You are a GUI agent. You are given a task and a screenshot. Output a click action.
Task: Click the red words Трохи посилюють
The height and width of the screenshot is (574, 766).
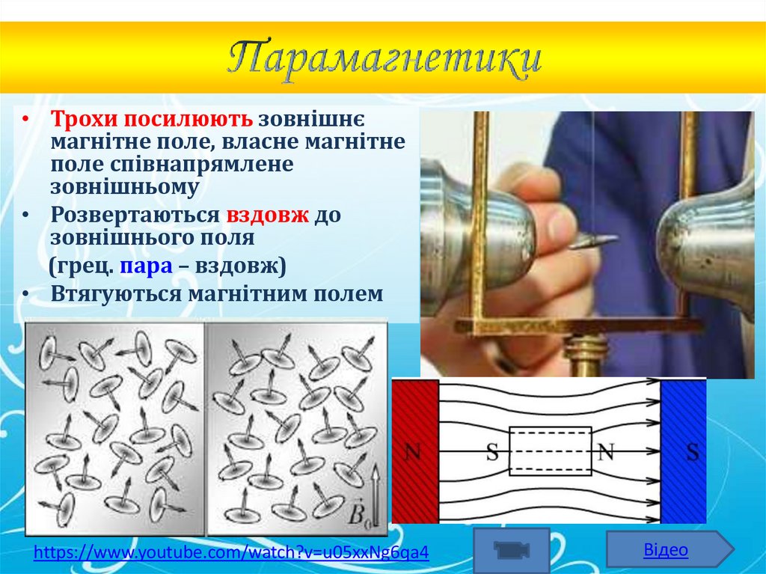[x=153, y=120]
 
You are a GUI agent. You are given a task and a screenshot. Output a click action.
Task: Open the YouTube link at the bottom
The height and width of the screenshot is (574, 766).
[x=231, y=553]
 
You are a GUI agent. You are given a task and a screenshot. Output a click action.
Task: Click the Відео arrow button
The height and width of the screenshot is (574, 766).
[x=668, y=550]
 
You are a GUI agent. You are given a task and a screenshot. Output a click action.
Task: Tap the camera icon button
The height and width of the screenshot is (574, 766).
[x=512, y=550]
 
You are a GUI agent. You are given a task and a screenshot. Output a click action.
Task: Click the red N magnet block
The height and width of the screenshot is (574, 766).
[x=414, y=451]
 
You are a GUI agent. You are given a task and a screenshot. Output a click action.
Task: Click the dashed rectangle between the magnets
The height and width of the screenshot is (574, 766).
[x=551, y=451]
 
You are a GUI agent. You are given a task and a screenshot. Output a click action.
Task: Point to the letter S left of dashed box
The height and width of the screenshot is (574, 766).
[x=492, y=452]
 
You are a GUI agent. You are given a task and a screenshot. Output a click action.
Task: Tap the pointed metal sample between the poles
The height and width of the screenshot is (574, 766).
[x=595, y=240]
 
